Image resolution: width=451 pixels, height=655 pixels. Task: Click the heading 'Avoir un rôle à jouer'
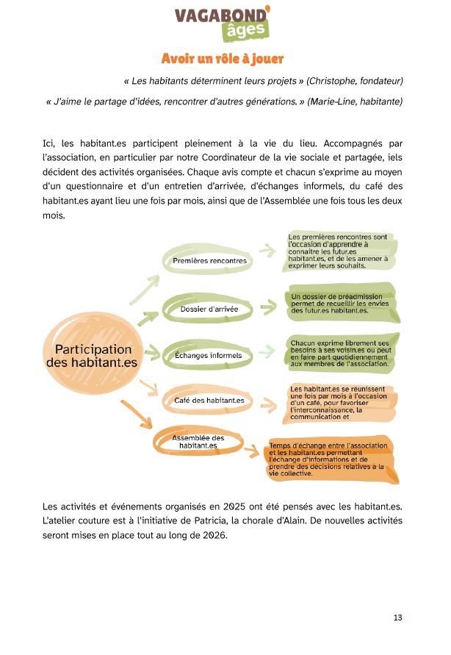pyautogui.click(x=223, y=58)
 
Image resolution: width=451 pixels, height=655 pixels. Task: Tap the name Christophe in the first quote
pyautogui.click(x=333, y=79)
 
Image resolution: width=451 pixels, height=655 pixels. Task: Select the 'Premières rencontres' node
pyautogui.click(x=209, y=261)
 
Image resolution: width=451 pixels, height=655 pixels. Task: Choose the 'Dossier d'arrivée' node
pyautogui.click(x=209, y=309)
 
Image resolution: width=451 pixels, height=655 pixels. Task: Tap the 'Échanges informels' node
pyautogui.click(x=208, y=356)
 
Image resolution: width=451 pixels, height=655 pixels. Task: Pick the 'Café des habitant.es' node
pyautogui.click(x=209, y=401)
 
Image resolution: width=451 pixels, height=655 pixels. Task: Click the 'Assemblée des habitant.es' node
pyautogui.click(x=198, y=442)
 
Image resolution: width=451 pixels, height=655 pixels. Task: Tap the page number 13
pyautogui.click(x=397, y=618)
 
